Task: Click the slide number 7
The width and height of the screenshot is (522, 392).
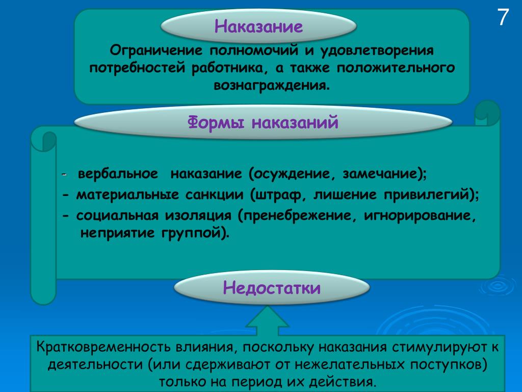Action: click(x=503, y=17)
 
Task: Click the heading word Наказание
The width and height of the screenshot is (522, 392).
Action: click(x=258, y=26)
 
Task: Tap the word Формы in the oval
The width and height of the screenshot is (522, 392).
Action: click(x=216, y=122)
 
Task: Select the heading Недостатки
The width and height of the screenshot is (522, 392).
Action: click(x=272, y=287)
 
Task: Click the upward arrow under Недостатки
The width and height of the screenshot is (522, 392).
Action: click(x=267, y=321)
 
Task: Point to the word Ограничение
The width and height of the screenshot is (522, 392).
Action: click(x=156, y=51)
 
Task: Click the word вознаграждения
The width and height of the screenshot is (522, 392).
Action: click(x=272, y=85)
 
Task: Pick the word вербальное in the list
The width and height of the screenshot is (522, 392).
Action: click(x=118, y=174)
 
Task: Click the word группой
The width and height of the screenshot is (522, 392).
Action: click(x=191, y=233)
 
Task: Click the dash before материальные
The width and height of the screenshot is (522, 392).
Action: click(x=66, y=194)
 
